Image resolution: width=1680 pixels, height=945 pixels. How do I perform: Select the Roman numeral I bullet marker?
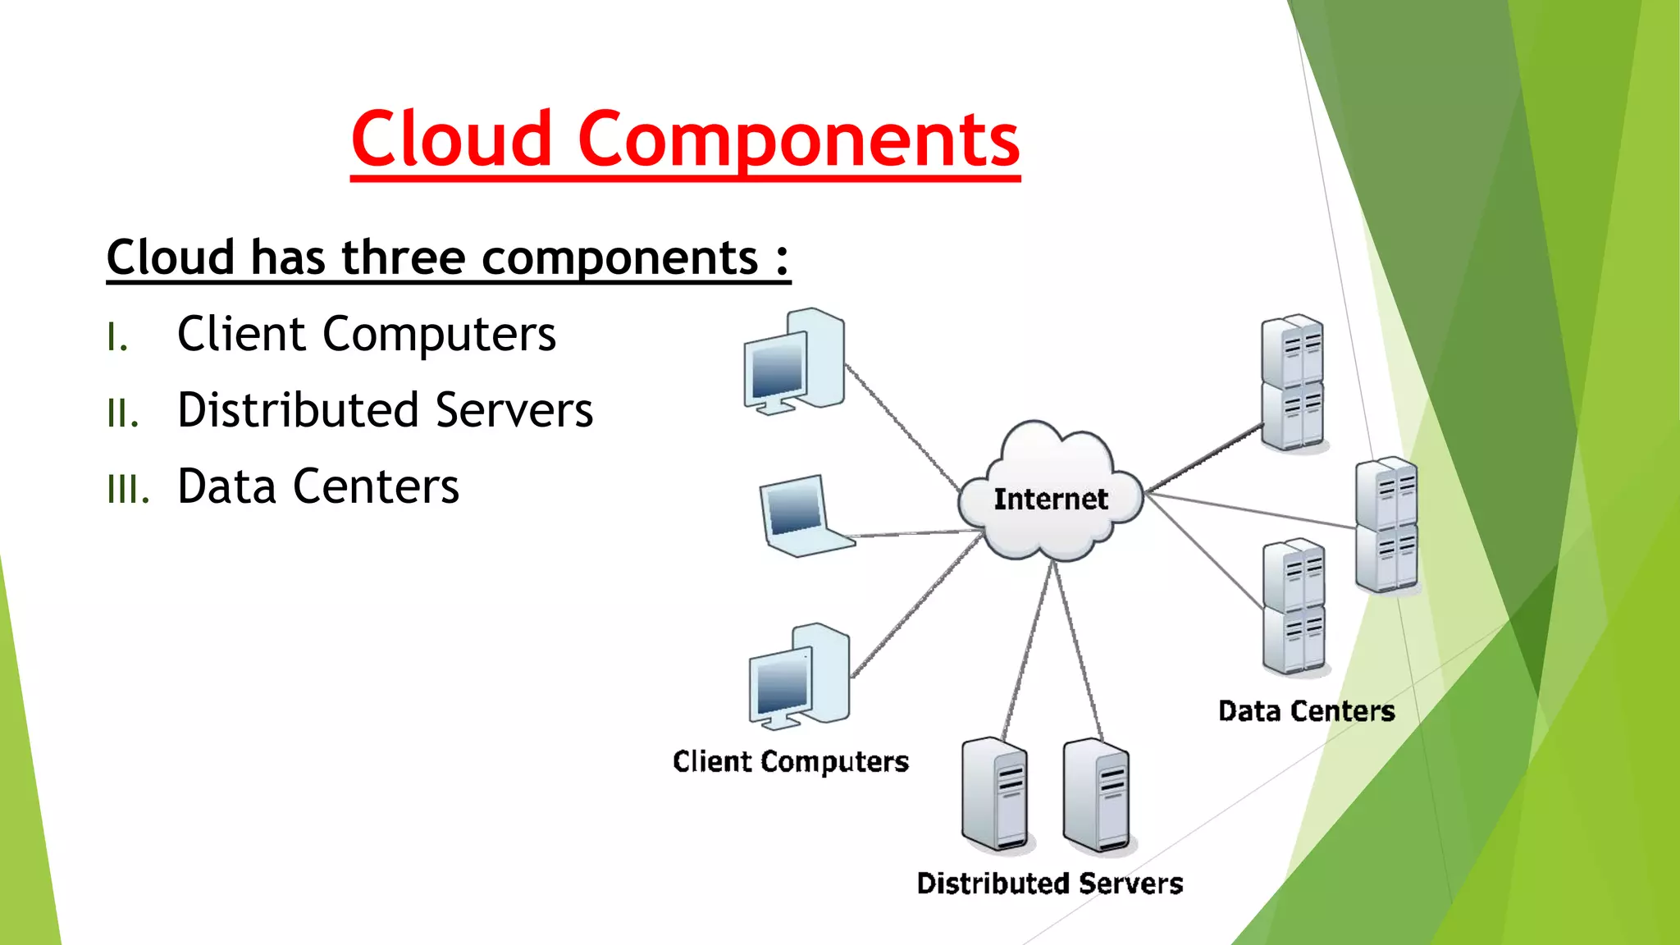coord(117,337)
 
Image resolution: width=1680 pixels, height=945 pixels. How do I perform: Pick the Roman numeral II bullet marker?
coord(123,413)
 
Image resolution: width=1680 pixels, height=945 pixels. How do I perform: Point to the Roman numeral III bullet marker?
coord(128,490)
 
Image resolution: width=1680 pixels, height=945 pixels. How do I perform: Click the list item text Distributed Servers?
coord(385,410)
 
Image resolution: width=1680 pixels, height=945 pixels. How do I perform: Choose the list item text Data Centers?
coord(318,486)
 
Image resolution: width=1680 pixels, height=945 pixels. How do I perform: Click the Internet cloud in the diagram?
coord(1050,496)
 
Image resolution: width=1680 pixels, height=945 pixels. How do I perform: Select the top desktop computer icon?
coord(794,362)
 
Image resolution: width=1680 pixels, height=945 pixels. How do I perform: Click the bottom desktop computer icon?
coord(799,677)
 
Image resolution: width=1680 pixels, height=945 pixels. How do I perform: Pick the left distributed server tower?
coord(995,795)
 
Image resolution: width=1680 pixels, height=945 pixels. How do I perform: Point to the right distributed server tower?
coord(1097,795)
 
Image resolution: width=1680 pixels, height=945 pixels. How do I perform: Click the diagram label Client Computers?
coord(791,762)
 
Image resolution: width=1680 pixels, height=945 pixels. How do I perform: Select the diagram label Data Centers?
coord(1306,711)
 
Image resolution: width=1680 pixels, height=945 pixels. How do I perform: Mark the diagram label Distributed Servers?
coord(1050,883)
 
